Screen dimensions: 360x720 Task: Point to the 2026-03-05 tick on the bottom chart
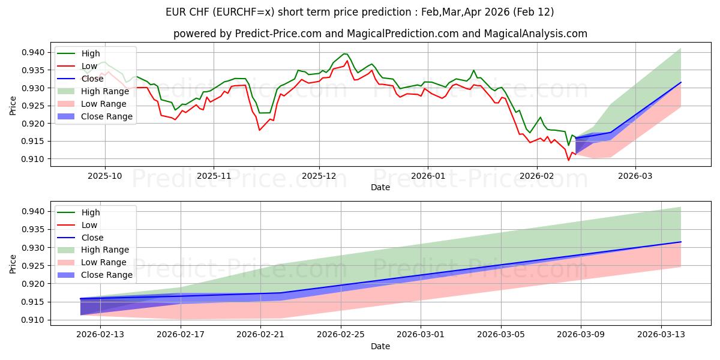pyautogui.click(x=501, y=334)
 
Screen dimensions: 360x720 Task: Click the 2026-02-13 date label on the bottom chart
pyautogui.click(x=100, y=334)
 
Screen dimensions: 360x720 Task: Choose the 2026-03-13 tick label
pyautogui.click(x=661, y=334)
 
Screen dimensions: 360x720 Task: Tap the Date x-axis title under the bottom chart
pyautogui.click(x=380, y=346)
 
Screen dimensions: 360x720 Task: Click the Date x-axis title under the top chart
pyautogui.click(x=380, y=187)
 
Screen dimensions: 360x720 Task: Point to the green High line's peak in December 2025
pyautogui.click(x=344, y=54)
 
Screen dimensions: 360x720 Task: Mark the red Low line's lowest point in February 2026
pyautogui.click(x=568, y=160)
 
